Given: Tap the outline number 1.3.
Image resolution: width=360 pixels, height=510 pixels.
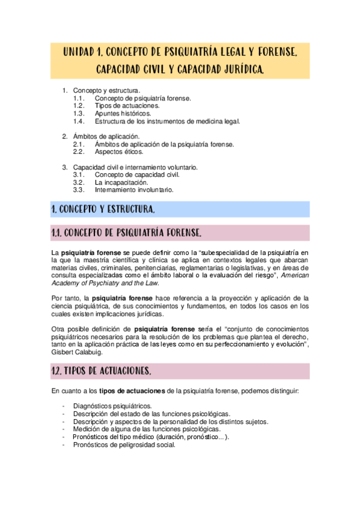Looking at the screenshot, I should click(x=79, y=113).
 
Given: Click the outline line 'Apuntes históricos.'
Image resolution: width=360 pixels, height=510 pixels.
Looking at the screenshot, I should click(x=123, y=113).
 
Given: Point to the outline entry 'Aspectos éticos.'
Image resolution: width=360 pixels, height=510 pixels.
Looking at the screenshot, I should click(x=119, y=152).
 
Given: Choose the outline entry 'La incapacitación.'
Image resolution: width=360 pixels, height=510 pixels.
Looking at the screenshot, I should click(x=121, y=182).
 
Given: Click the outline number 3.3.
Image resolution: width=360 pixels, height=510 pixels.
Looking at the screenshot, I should click(x=79, y=189).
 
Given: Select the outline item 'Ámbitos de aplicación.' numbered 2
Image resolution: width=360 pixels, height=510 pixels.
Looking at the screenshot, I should click(x=106, y=137).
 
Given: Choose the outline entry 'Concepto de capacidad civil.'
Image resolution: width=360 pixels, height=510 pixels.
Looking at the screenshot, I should click(x=137, y=174).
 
